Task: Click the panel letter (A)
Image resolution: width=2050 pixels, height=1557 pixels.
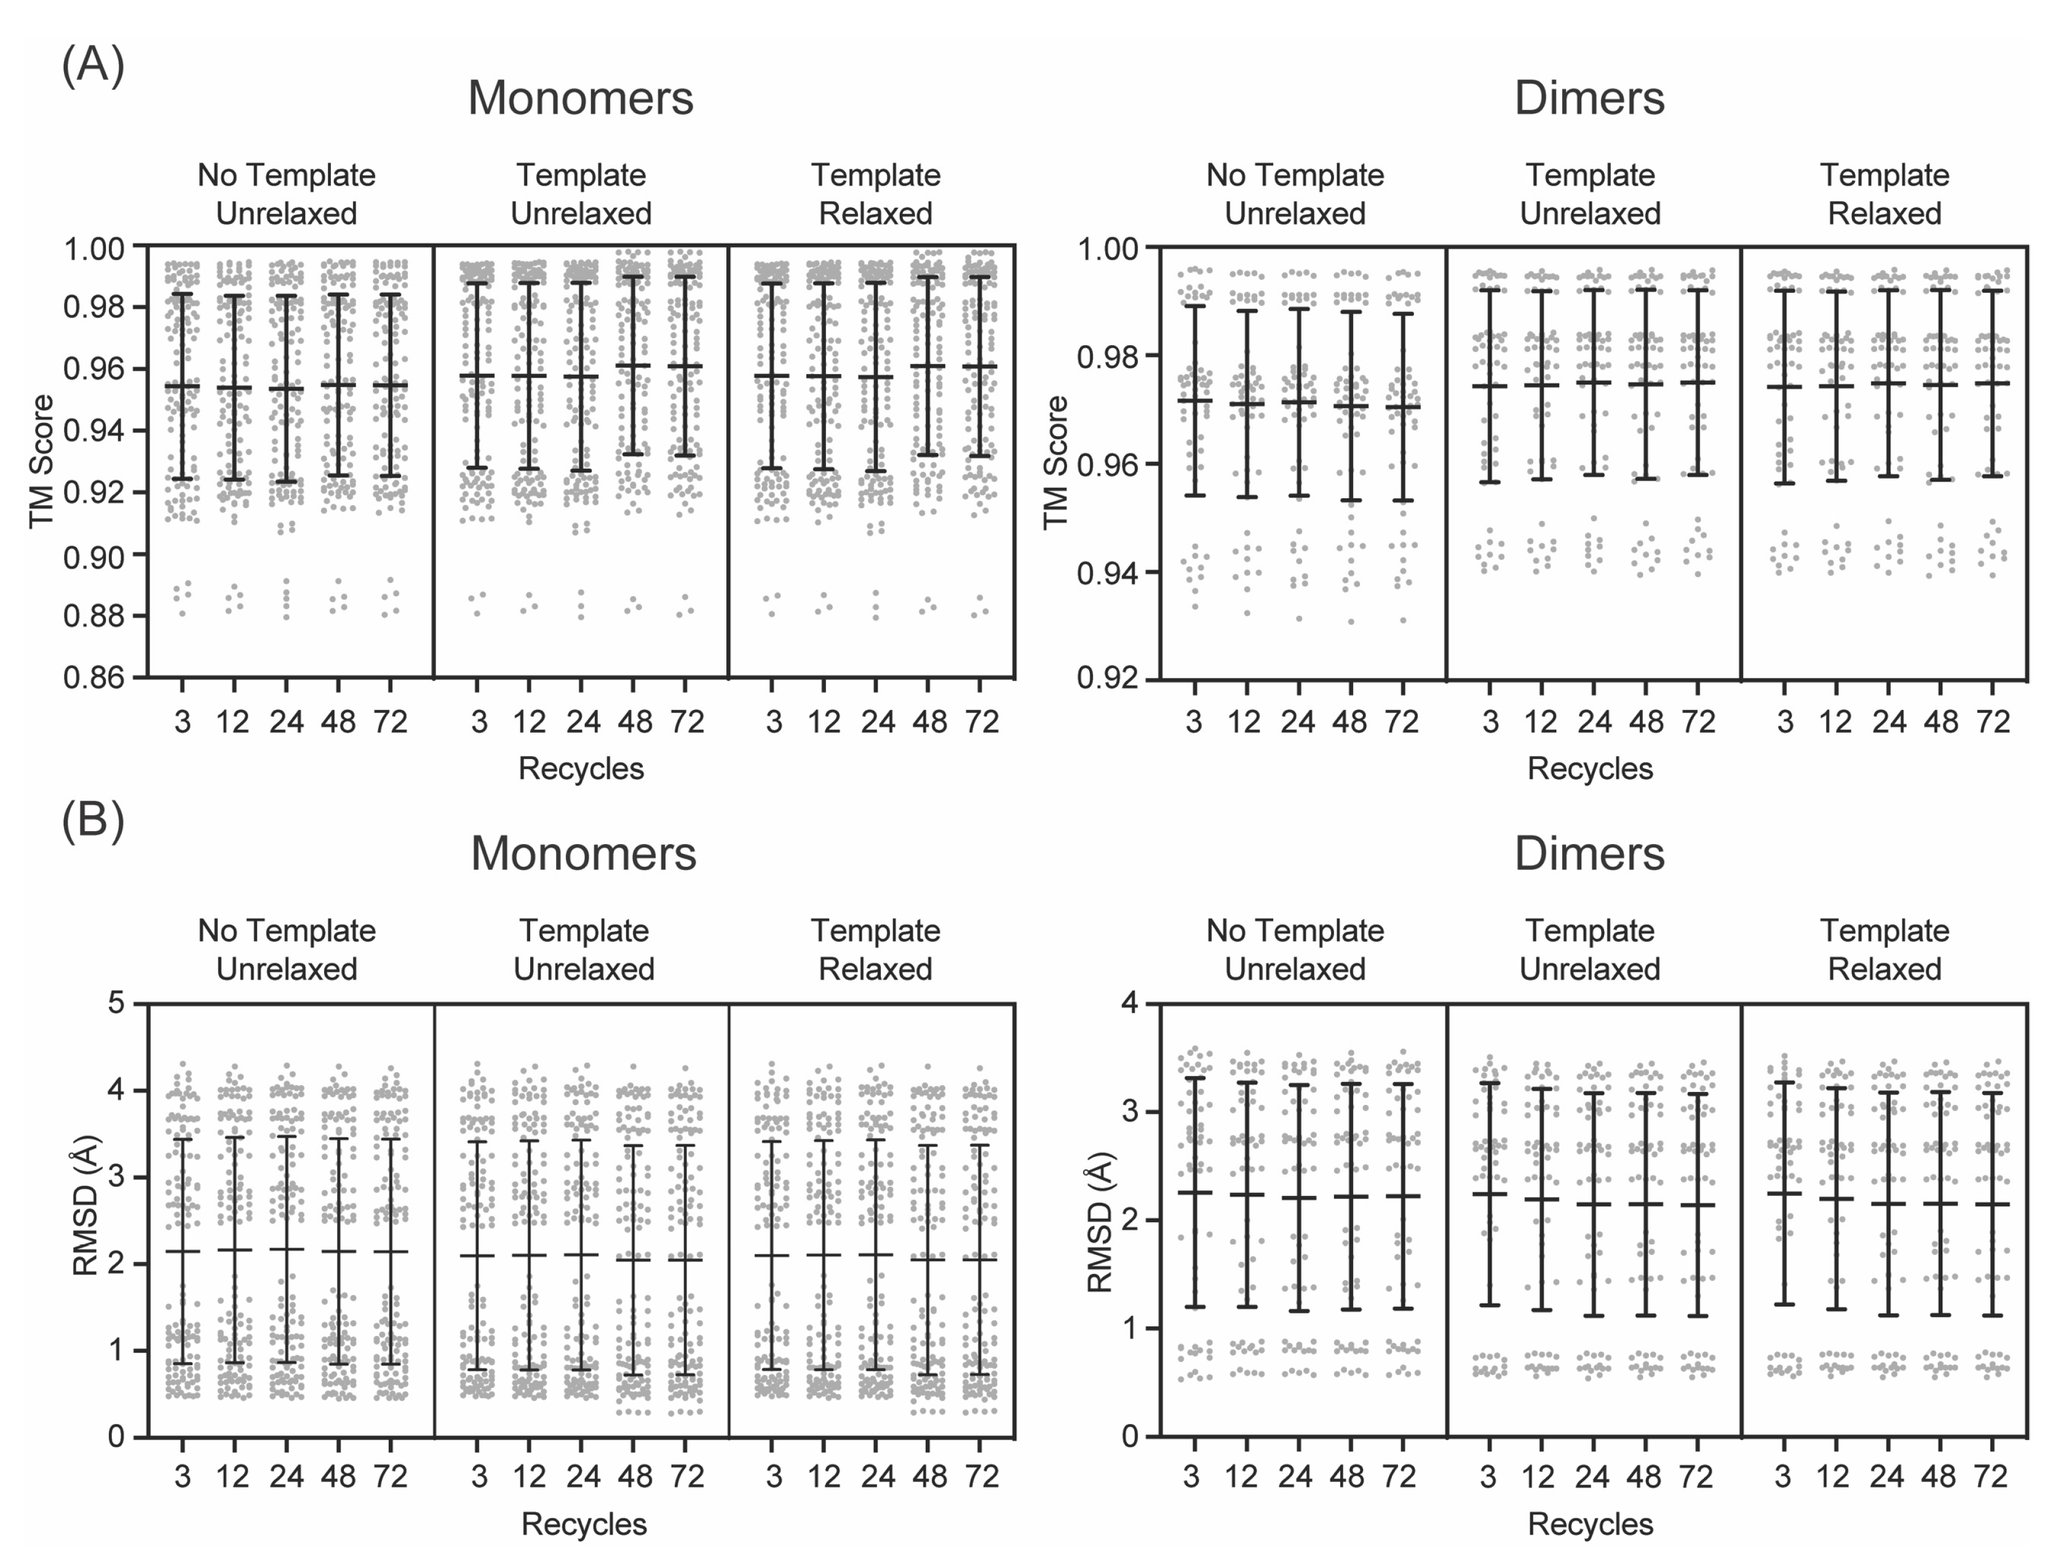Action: point(93,66)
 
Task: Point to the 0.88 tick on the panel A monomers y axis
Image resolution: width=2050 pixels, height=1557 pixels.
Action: point(93,615)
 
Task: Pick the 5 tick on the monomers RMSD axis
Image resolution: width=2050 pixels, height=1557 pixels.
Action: point(116,1003)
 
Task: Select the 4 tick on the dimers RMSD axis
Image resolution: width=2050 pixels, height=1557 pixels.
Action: point(1130,1003)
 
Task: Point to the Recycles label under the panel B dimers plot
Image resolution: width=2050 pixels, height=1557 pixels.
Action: point(1589,1524)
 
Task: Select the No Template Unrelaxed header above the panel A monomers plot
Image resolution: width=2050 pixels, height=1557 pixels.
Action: point(287,194)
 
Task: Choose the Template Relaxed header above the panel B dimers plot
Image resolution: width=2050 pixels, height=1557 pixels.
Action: point(1884,950)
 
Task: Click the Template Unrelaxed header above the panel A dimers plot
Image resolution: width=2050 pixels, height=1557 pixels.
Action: point(1589,194)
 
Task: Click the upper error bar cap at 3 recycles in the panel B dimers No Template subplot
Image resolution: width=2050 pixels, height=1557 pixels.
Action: point(1194,1078)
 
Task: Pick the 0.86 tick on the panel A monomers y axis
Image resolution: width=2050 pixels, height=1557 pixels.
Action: point(93,677)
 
